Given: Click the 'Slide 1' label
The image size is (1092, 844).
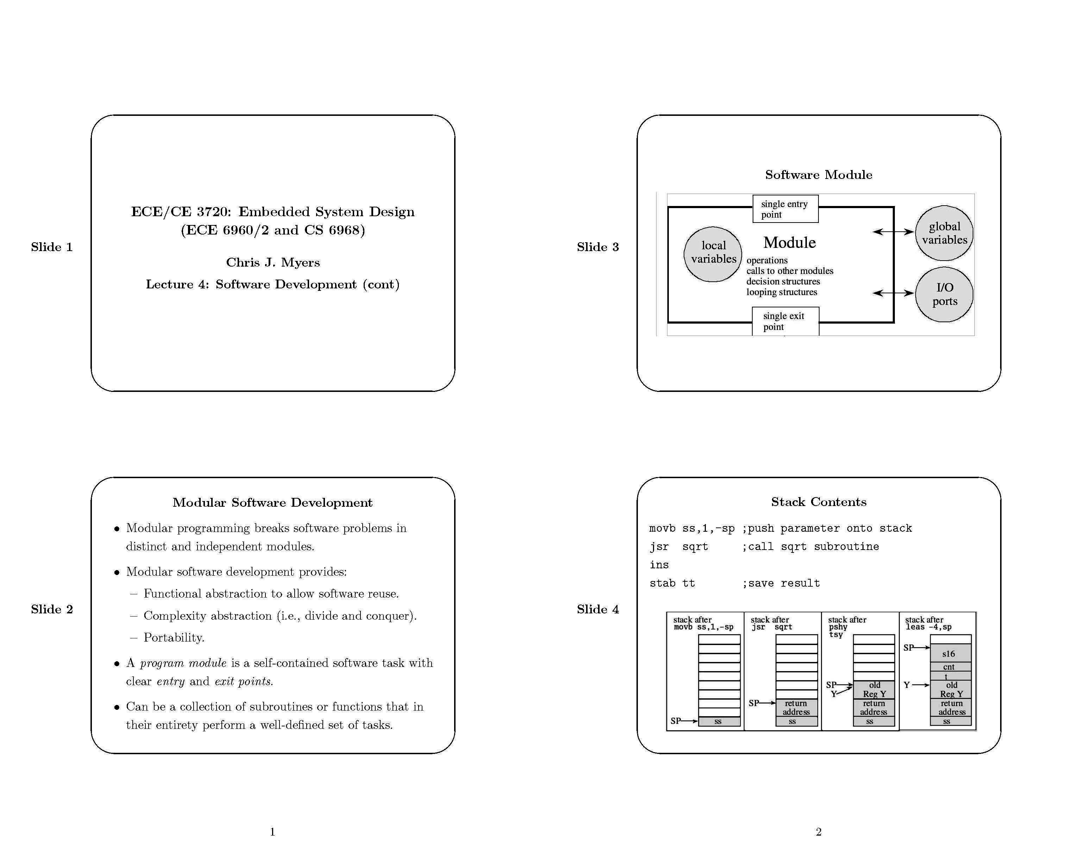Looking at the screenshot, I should [51, 247].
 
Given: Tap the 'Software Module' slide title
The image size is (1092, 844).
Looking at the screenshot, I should [818, 175].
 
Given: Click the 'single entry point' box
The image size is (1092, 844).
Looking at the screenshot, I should [785, 209].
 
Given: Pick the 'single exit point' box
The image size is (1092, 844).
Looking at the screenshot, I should [785, 321].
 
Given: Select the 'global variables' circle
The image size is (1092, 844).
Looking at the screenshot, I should [944, 233].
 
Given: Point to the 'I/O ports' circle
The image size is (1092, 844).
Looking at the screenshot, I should [944, 294].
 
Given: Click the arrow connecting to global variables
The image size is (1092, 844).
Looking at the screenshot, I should [893, 231].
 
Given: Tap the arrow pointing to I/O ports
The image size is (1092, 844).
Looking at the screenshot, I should [893, 293].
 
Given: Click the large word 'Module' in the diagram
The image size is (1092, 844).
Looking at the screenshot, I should [789, 243].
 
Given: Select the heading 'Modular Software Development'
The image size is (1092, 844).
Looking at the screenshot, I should [272, 502].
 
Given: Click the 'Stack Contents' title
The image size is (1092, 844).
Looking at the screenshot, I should [818, 502].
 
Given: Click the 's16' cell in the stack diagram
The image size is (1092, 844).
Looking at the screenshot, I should [948, 654].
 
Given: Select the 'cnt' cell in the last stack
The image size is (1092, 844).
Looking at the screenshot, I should [948, 667].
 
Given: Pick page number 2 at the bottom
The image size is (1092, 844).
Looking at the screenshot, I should [818, 831].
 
